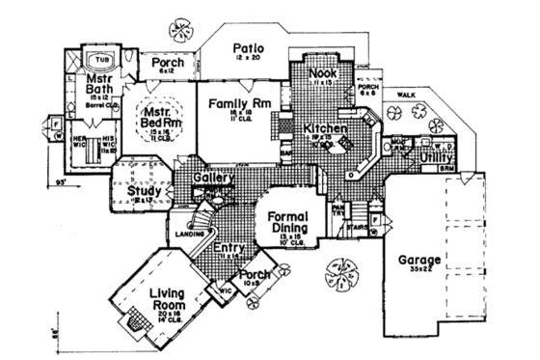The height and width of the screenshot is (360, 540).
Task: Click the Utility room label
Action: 437,153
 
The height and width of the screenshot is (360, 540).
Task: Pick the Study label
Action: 144,191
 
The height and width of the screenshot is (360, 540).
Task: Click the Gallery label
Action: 213,180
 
